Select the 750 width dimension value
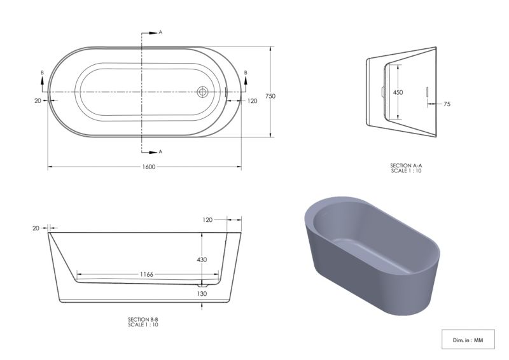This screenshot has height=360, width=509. [x=270, y=96]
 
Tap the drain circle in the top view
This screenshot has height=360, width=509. [x=203, y=92]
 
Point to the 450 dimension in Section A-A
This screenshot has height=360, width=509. [x=398, y=92]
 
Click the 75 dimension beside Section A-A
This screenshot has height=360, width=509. [x=447, y=103]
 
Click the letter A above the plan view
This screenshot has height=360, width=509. [x=160, y=32]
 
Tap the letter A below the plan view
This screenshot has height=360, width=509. [x=160, y=152]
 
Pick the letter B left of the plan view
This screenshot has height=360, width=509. [x=42, y=74]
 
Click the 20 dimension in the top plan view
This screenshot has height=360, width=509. [x=38, y=100]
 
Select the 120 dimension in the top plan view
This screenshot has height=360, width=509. [x=253, y=100]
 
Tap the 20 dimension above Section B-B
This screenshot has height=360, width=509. [x=36, y=228]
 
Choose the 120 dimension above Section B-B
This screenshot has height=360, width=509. [x=207, y=219]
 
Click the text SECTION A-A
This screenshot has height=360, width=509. [x=407, y=165]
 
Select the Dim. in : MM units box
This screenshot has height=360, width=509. [x=468, y=340]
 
